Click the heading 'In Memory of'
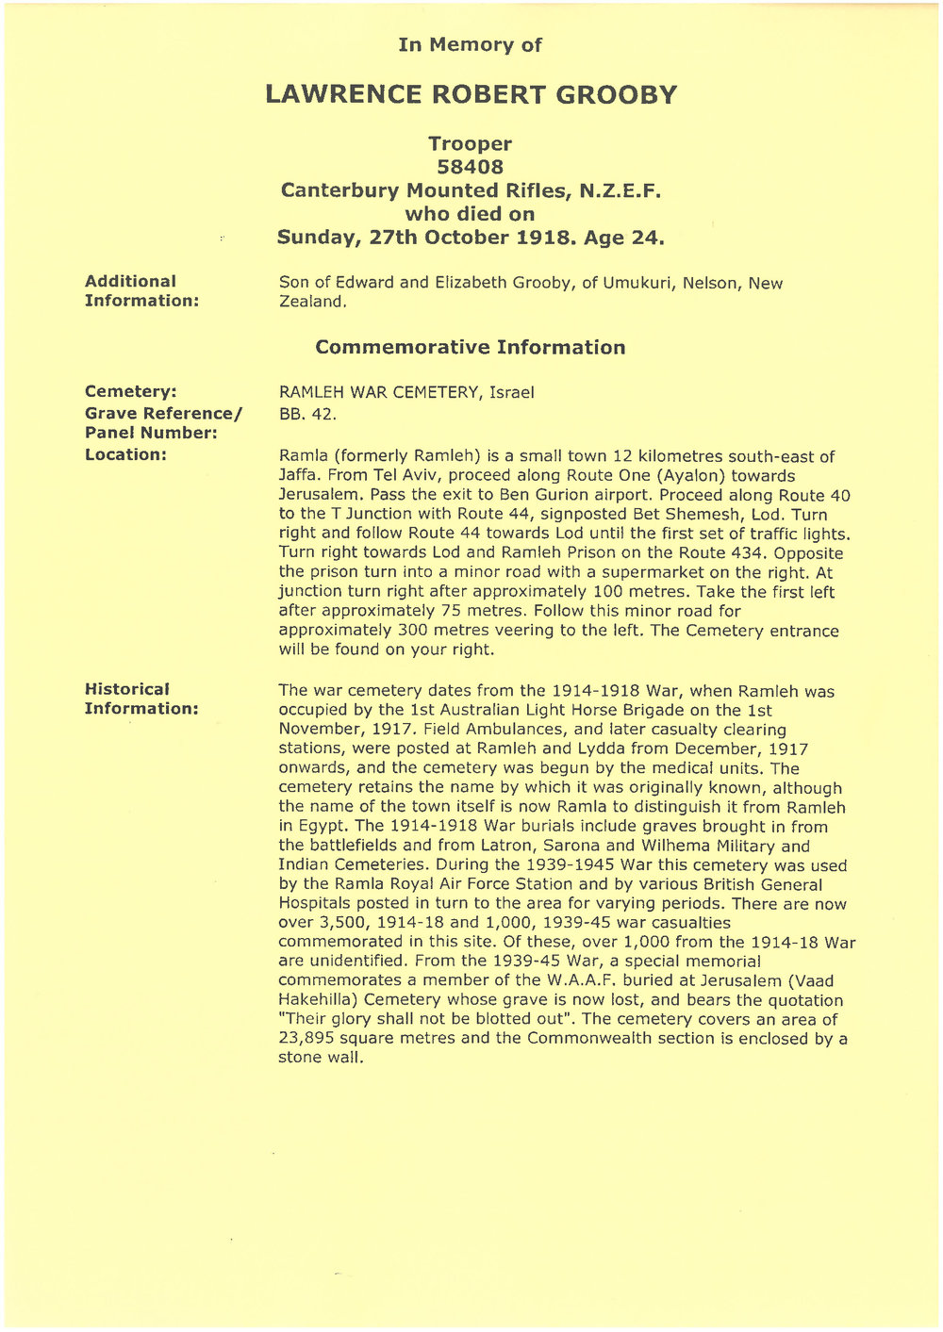tap(470, 45)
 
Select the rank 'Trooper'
tap(470, 144)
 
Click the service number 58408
tap(470, 167)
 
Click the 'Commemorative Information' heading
tap(470, 348)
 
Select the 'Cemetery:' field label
tap(131, 391)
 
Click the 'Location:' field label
tap(125, 454)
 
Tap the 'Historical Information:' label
tap(141, 699)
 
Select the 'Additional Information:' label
tap(141, 290)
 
